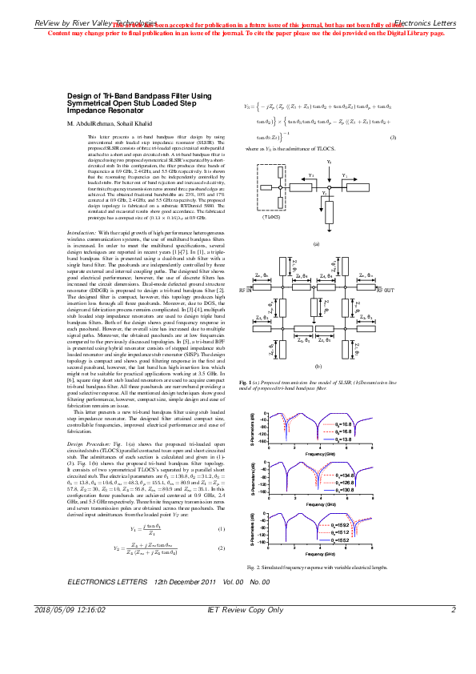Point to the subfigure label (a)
(x=316, y=243)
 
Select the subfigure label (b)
(x=316, y=387)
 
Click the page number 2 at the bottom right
(x=453, y=655)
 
